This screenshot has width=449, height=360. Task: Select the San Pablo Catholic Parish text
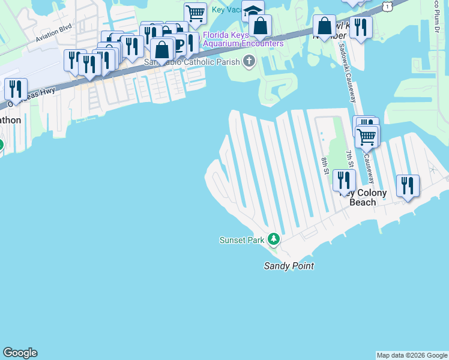click(191, 61)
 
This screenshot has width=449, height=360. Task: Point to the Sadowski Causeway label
click(348, 72)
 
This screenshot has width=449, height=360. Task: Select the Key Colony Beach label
click(363, 197)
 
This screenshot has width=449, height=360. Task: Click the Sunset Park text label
click(242, 240)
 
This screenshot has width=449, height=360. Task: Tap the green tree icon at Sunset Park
click(274, 240)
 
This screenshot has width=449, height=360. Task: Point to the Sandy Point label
click(289, 266)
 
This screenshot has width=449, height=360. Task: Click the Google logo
click(20, 353)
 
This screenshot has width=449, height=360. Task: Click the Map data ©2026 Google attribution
click(412, 355)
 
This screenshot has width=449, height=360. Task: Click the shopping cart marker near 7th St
click(366, 136)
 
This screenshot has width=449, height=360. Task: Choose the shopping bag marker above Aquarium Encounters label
click(261, 26)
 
